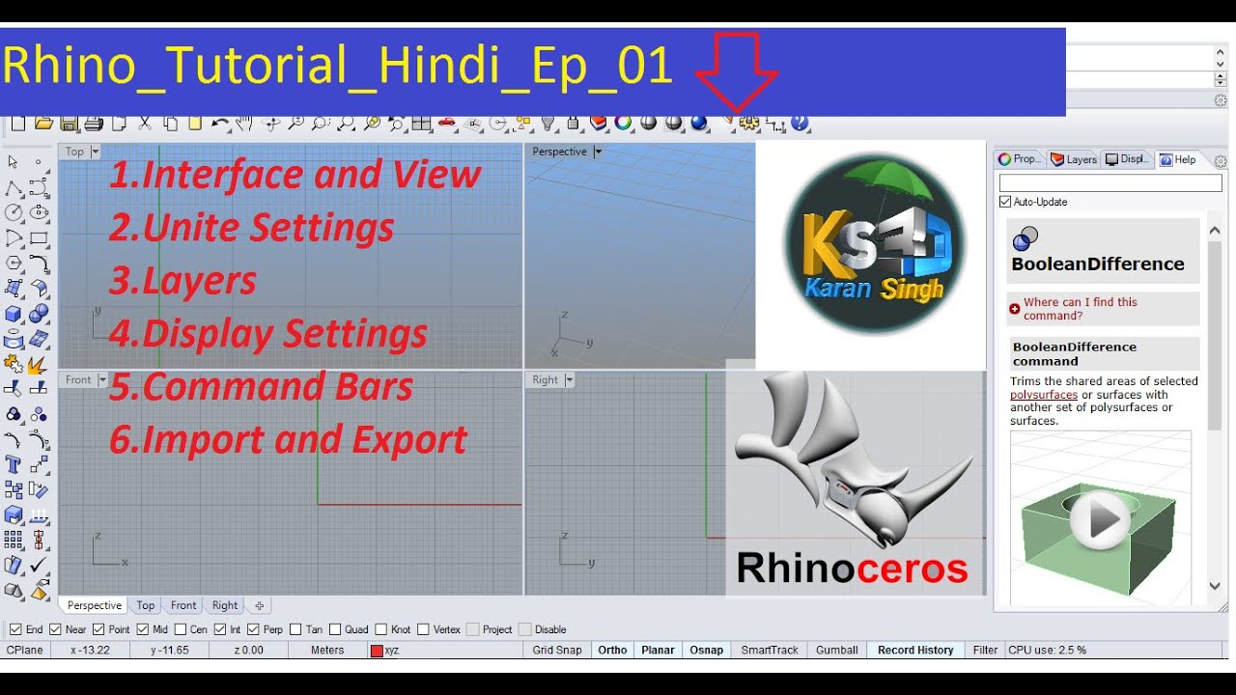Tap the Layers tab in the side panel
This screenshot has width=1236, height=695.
tap(1074, 159)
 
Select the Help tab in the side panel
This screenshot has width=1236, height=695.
tap(1178, 159)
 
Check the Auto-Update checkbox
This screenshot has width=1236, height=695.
tap(1005, 202)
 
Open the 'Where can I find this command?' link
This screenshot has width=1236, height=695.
tap(1080, 309)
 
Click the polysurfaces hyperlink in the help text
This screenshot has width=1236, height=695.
tap(1044, 395)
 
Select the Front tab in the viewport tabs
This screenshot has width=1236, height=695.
tap(183, 606)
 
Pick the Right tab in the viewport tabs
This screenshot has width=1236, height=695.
tap(225, 606)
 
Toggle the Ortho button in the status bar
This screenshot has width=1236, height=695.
tap(612, 651)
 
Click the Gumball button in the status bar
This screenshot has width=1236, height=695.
tap(836, 651)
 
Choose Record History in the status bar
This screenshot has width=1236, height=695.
tap(914, 651)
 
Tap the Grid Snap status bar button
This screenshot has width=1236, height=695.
tap(557, 651)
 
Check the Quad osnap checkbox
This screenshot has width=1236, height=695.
tap(338, 629)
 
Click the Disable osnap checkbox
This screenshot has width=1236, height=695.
tap(525, 629)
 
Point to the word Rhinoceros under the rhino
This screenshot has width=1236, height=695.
tap(852, 569)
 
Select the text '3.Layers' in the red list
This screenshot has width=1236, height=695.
tap(183, 281)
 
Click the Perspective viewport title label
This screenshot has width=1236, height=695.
tap(559, 152)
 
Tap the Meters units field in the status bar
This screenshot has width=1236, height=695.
tap(327, 651)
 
